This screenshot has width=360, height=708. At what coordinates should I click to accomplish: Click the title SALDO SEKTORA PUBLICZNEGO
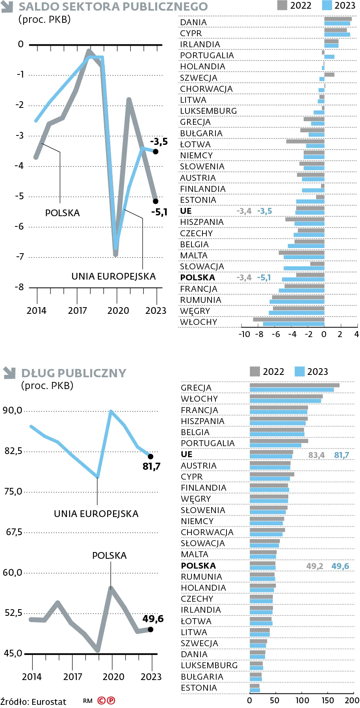[113, 7]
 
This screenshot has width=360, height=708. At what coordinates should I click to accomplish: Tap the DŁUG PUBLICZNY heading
[74, 373]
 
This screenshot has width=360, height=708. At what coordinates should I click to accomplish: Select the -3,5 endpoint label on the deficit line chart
[159, 142]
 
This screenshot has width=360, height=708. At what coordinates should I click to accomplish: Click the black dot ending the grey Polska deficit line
[156, 201]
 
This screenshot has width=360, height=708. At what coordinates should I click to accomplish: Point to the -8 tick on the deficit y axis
[19, 287]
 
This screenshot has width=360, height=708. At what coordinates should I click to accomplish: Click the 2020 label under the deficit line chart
[118, 311]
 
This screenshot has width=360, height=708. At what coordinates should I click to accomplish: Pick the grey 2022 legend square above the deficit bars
[282, 5]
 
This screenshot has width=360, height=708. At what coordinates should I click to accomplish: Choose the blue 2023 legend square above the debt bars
[300, 371]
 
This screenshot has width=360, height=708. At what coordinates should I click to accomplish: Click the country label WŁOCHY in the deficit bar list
[199, 322]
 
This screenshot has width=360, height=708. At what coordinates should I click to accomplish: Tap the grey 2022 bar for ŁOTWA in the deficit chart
[305, 141]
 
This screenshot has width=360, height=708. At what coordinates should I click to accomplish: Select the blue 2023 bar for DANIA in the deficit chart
[337, 24]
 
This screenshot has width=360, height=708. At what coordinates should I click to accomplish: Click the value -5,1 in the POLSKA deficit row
[264, 278]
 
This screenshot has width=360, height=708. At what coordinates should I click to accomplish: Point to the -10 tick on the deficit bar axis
[244, 334]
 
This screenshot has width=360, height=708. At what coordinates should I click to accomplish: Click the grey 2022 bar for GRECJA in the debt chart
[294, 385]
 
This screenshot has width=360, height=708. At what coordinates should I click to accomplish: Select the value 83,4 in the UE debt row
[316, 455]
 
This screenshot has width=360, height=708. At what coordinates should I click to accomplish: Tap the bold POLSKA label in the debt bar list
[198, 566]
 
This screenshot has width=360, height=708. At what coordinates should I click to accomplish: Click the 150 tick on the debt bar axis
[328, 701]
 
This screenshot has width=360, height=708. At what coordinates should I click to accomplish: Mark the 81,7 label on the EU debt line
[151, 467]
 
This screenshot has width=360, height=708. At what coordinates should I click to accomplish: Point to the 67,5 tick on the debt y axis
[14, 532]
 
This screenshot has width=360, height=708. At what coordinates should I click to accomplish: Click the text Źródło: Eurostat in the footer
[33, 702]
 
